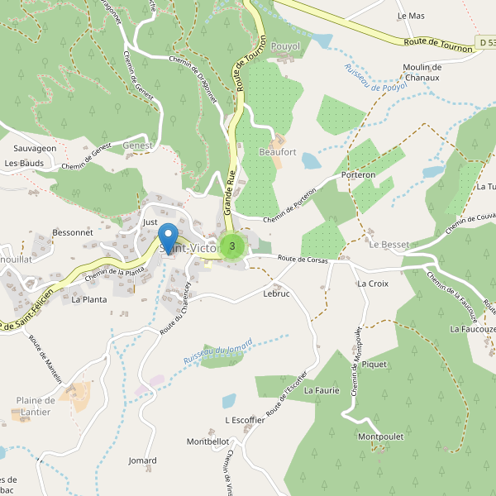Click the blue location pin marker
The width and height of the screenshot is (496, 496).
168,238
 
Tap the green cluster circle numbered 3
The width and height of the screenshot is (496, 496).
233,246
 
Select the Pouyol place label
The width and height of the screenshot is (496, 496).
285,47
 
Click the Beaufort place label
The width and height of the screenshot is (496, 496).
277,152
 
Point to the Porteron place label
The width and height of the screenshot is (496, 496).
358,175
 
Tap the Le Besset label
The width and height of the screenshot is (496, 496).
389,245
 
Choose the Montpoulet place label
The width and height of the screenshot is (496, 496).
380,436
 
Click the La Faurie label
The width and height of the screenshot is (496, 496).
322,389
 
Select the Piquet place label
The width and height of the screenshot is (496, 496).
374,364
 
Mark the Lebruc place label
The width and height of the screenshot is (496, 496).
276,293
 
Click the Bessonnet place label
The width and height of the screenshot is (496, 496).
72,233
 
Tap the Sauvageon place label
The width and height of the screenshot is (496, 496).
35,148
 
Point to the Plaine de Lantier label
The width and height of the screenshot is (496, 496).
35,406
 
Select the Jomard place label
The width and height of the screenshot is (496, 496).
142,460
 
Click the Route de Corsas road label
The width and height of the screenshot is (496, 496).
303,260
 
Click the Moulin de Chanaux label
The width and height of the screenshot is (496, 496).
432,72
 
